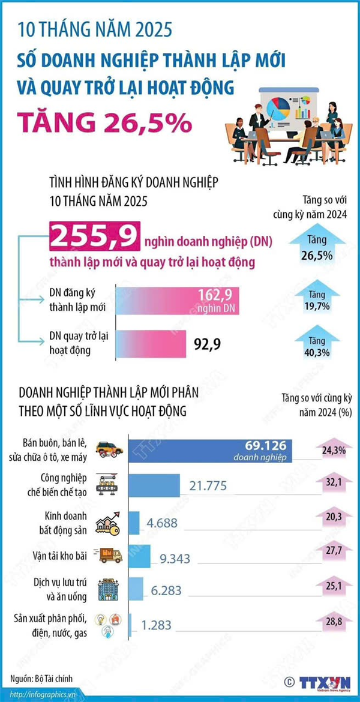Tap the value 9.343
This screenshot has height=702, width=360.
(x=175, y=559)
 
